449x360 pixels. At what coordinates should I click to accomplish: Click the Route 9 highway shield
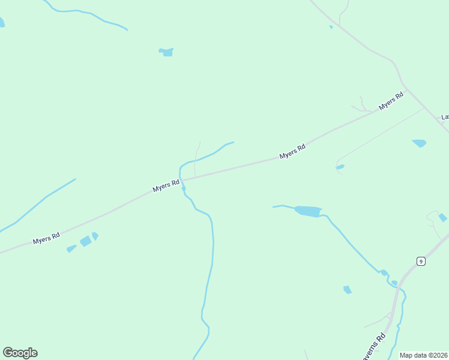(421, 261)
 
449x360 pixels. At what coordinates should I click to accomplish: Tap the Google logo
(20, 353)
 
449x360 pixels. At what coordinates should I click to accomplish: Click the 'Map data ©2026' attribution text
(423, 355)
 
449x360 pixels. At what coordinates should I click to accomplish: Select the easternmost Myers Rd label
(391, 101)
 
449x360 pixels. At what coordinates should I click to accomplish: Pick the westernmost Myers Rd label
(47, 238)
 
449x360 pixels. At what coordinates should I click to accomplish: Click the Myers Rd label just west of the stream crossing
(166, 185)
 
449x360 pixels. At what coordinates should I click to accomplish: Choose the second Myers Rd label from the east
(293, 151)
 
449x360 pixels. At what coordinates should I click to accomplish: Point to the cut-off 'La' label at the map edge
(445, 117)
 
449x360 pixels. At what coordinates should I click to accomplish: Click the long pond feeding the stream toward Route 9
(309, 211)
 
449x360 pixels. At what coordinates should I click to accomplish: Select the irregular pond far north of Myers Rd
(166, 52)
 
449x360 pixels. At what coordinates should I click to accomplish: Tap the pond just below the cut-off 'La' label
(419, 143)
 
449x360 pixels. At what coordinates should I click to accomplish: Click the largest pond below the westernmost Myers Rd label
(85, 241)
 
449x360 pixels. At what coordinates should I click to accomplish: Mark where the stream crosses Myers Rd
(182, 179)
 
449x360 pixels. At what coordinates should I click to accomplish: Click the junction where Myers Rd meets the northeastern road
(407, 91)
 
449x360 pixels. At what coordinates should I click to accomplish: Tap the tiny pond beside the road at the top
(331, 26)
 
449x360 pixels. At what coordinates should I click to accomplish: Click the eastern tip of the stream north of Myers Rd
(233, 142)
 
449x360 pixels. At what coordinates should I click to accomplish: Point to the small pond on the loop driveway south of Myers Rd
(340, 167)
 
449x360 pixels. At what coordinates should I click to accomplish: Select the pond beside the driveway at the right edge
(442, 217)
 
